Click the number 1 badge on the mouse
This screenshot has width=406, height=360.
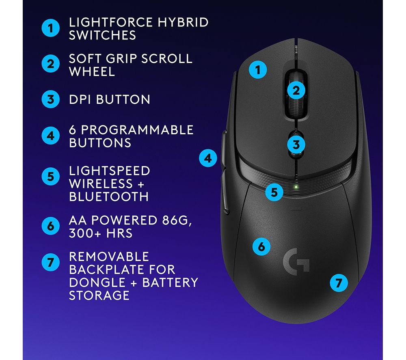point(258,70)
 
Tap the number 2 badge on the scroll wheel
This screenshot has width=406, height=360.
point(296,91)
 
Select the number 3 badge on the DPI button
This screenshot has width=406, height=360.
point(296,144)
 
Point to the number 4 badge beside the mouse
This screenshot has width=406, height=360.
point(208,158)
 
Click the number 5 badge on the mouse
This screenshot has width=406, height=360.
point(274,192)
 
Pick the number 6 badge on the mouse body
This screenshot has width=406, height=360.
point(261,246)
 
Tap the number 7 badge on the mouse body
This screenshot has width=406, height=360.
point(339,283)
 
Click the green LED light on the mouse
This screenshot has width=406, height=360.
point(296,187)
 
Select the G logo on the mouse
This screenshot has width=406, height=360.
point(296,262)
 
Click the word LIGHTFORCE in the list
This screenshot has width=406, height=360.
point(110,22)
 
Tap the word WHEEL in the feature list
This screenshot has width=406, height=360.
point(92,71)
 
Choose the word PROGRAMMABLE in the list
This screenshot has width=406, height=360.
point(137,130)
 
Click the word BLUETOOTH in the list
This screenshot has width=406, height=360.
point(109,197)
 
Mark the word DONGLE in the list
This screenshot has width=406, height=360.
point(97,282)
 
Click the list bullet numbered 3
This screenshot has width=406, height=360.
point(50,99)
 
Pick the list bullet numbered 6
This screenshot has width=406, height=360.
point(50,226)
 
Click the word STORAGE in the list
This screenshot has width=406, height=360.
point(99,295)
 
